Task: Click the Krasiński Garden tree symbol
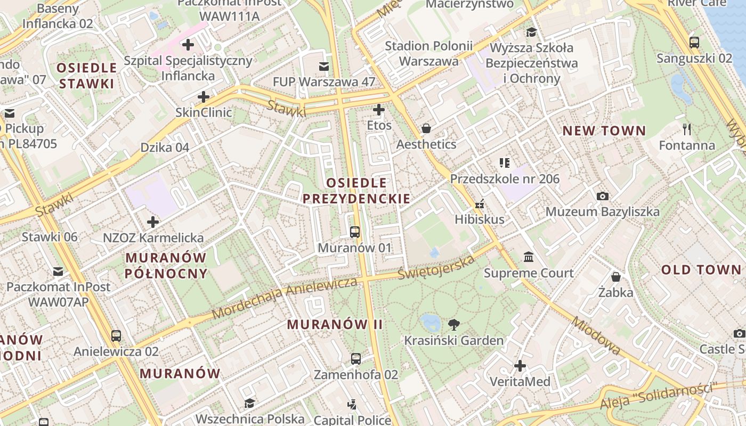click(x=454, y=324)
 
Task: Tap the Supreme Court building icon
click(x=529, y=257)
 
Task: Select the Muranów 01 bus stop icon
click(x=355, y=232)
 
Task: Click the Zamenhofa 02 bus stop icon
click(x=356, y=359)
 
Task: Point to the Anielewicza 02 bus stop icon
click(x=116, y=336)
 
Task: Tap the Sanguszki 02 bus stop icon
click(x=694, y=43)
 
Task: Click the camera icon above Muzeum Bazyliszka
click(x=603, y=196)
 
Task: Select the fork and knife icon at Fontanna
click(x=687, y=129)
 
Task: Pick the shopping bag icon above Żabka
click(x=616, y=277)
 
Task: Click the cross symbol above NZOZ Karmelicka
click(x=153, y=222)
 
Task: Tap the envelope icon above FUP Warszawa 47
click(x=324, y=67)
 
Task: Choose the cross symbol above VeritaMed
click(x=520, y=366)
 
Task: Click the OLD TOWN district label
click(x=701, y=270)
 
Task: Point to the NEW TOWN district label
click(x=604, y=131)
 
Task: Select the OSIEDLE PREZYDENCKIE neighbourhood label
click(x=356, y=191)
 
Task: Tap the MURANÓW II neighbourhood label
click(x=335, y=324)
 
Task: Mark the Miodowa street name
click(x=596, y=335)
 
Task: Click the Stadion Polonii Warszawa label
click(x=429, y=53)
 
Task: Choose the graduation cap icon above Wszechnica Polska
click(x=249, y=403)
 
